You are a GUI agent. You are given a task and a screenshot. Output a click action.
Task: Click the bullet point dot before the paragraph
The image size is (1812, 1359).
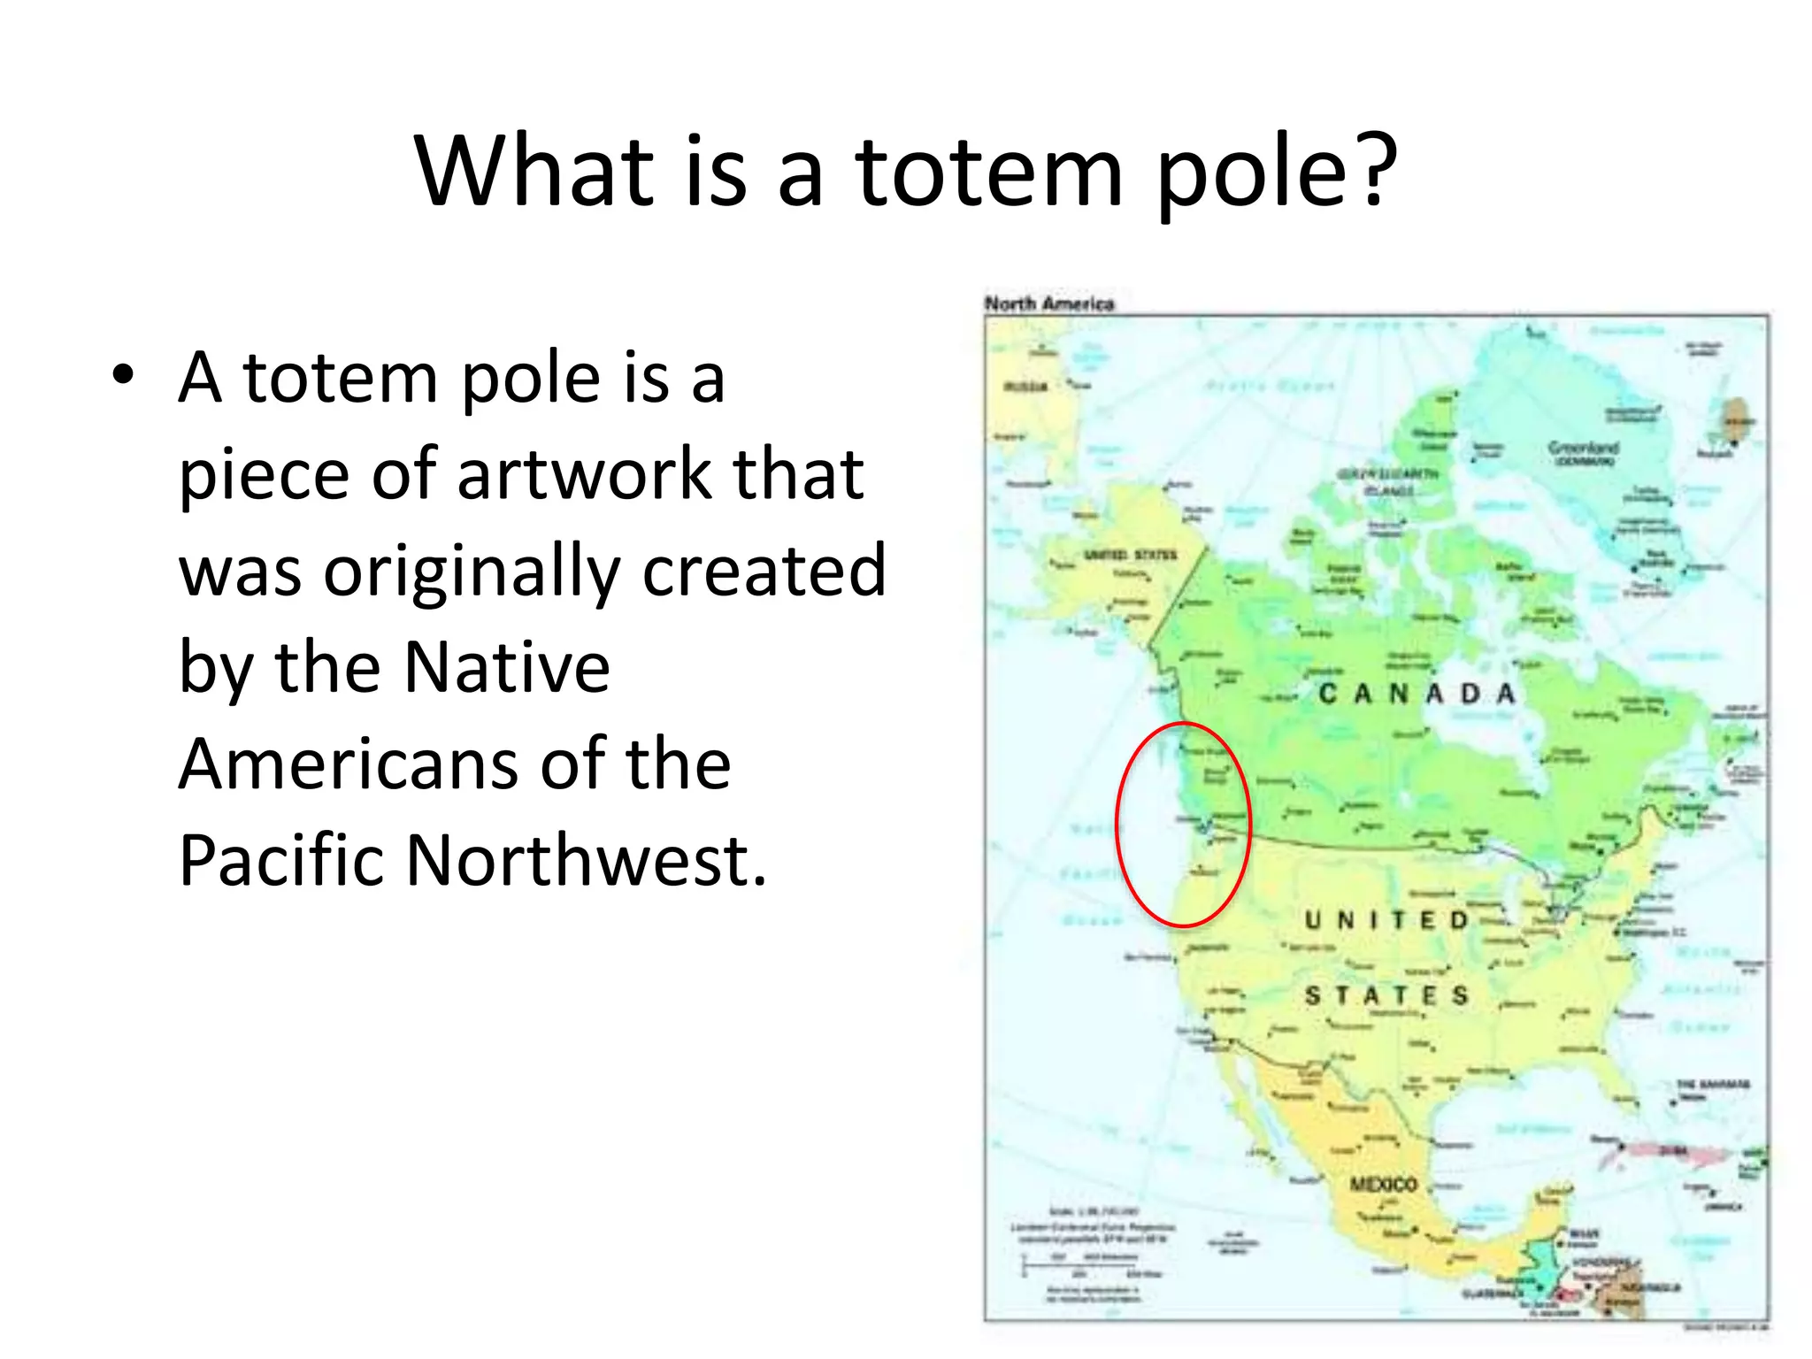(123, 375)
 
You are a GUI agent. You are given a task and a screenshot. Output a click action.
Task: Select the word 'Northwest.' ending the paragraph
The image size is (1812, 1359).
(586, 861)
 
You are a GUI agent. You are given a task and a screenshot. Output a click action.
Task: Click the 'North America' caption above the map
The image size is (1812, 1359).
(1048, 303)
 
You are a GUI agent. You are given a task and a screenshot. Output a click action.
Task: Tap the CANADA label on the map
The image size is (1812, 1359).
(1417, 694)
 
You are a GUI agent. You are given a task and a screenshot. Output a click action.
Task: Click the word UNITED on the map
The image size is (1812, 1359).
(1386, 920)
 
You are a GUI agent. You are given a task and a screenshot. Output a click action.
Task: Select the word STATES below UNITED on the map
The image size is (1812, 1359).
(1386, 996)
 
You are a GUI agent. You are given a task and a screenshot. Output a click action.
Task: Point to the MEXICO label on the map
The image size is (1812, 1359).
(1383, 1184)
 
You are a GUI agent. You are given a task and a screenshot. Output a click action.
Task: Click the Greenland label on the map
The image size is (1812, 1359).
(1583, 449)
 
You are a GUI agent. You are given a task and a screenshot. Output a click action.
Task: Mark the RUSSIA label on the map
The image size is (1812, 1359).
(1025, 387)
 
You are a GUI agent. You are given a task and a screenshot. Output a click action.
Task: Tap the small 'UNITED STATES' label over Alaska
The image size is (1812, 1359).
(1130, 555)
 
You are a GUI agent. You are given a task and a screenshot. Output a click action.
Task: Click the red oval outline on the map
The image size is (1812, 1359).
(1249, 823)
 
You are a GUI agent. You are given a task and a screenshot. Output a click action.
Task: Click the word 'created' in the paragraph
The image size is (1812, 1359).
(764, 571)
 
